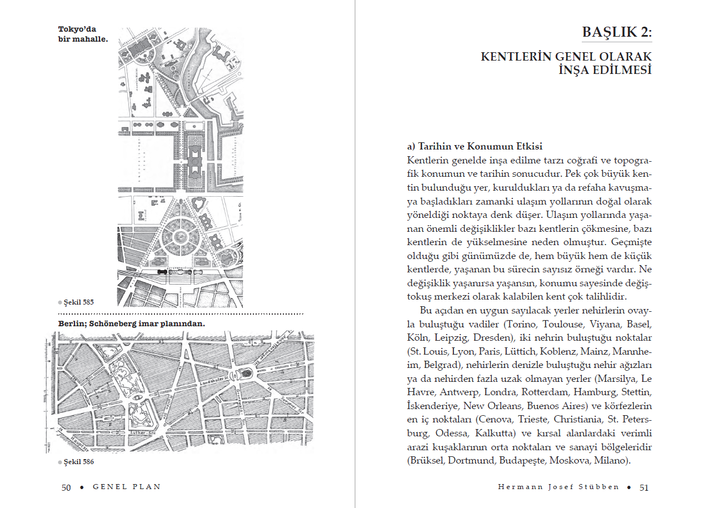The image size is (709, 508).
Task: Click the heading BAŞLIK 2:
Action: pyautogui.click(x=617, y=32)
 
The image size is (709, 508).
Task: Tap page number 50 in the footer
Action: pyautogui.click(x=66, y=487)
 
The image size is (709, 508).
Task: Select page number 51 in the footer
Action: pyautogui.click(x=644, y=487)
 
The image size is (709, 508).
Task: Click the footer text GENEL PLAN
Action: pyautogui.click(x=127, y=487)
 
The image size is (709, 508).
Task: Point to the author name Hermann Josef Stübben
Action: pyautogui.click(x=558, y=487)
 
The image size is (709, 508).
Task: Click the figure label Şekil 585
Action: pyautogui.click(x=78, y=302)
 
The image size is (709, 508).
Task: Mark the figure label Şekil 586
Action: pyautogui.click(x=78, y=461)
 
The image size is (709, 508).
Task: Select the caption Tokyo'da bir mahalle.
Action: pyautogui.click(x=82, y=34)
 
